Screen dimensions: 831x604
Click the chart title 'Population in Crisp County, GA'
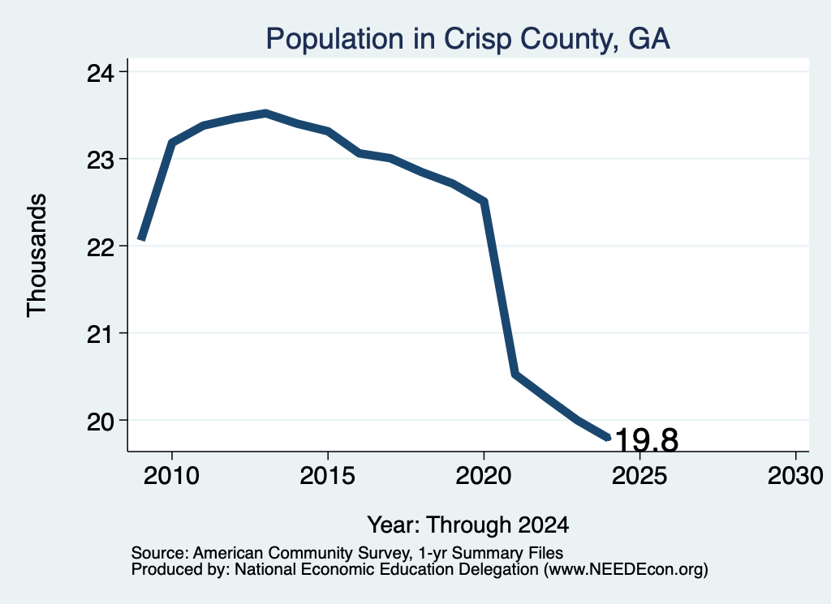(468, 39)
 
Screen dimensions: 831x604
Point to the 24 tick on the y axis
(100, 72)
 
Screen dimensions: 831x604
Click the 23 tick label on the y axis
(100, 160)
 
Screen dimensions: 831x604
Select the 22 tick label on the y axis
(100, 246)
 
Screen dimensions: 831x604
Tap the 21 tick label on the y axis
(100, 334)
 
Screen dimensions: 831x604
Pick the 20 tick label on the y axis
(100, 422)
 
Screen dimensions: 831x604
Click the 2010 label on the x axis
(172, 476)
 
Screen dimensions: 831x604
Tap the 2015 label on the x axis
(328, 476)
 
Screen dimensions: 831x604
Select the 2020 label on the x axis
(484, 476)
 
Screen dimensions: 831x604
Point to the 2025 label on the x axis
(639, 476)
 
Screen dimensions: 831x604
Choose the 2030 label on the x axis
(795, 476)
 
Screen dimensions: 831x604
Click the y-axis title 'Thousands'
(37, 255)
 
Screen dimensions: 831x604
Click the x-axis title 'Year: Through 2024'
(468, 525)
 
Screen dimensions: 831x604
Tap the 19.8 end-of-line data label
(647, 440)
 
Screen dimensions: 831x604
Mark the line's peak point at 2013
(265, 113)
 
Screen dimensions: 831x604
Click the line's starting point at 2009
(141, 239)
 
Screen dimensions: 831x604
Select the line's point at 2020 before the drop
(484, 201)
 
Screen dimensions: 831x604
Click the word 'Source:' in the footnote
(160, 553)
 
